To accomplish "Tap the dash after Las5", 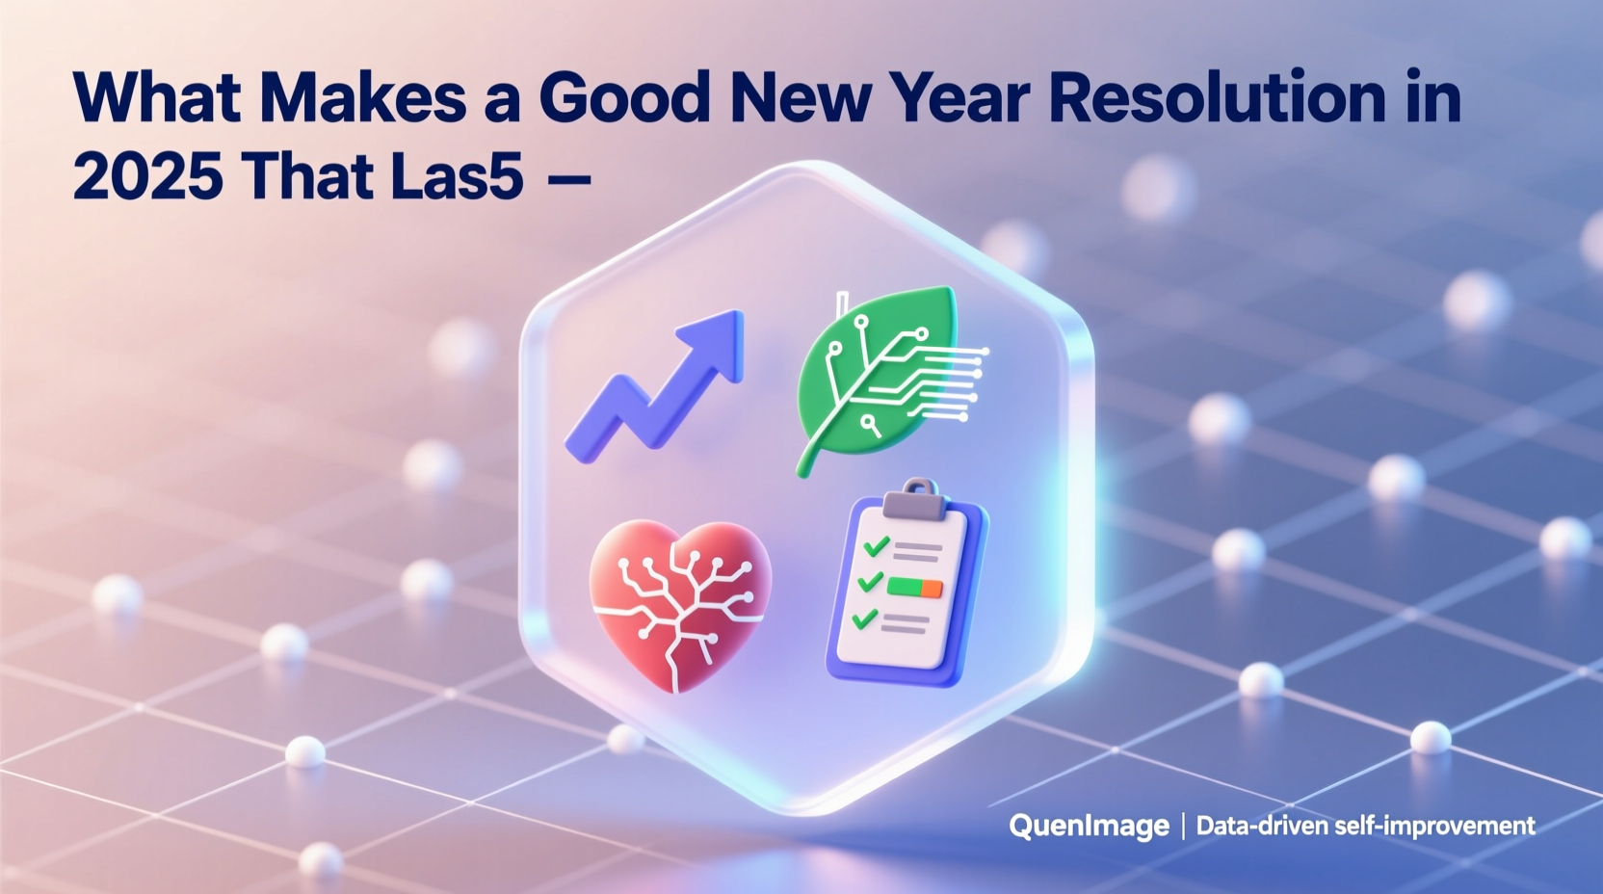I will [x=567, y=177].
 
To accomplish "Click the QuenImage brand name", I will [x=1089, y=826].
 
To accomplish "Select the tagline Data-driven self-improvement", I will [x=1365, y=826].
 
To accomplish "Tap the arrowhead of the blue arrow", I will [x=719, y=338].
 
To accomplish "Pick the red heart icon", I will [x=680, y=601].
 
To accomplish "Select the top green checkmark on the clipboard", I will [x=876, y=547].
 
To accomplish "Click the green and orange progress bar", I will [x=914, y=586].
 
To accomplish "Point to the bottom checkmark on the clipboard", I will [x=865, y=618].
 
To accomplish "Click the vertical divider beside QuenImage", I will [x=1183, y=826].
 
